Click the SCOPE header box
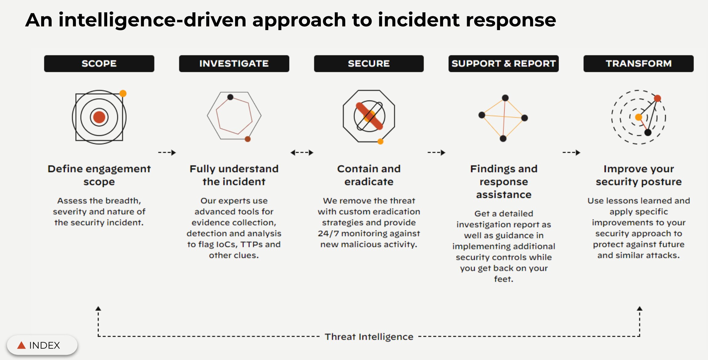[x=99, y=64]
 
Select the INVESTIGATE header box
[x=234, y=64]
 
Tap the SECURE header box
[x=368, y=64]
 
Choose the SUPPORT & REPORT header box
[x=503, y=64]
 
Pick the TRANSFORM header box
[x=638, y=64]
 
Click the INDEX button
[x=42, y=345]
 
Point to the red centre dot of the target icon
[x=99, y=117]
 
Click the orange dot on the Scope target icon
[x=123, y=93]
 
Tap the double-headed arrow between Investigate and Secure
[x=302, y=152]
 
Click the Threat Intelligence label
[x=369, y=337]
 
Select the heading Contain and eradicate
[x=369, y=175]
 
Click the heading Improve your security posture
[x=639, y=175]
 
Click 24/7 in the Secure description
[x=328, y=233]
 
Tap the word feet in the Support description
[x=503, y=279]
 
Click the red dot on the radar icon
[x=657, y=98]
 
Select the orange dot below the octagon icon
[x=380, y=141]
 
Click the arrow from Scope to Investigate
[x=167, y=152]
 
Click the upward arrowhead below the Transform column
[x=639, y=308]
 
